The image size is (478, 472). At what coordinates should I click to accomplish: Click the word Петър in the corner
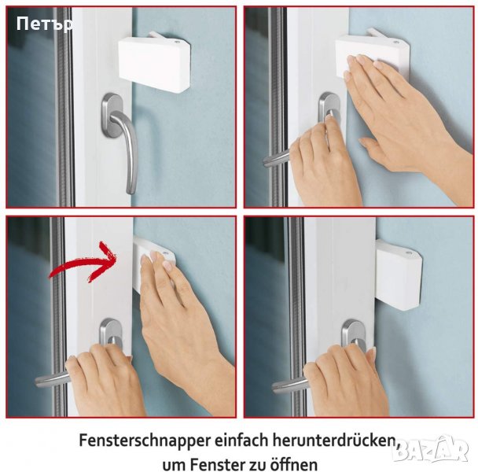[45, 24]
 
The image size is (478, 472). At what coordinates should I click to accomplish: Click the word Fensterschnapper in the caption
[145, 441]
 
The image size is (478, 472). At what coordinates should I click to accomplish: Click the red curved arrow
[83, 261]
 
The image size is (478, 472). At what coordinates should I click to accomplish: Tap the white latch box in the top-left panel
[155, 63]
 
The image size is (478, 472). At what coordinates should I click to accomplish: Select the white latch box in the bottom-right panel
[399, 275]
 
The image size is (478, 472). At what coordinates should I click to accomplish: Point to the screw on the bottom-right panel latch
[410, 253]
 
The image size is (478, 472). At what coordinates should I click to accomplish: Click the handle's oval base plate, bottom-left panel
[111, 333]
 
